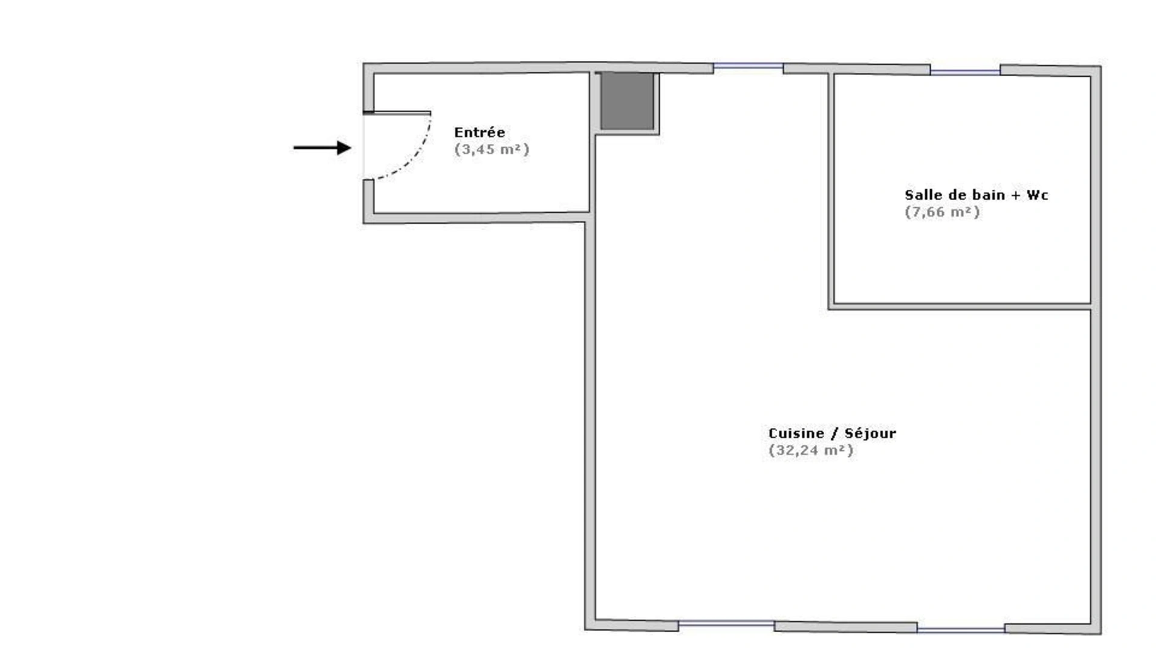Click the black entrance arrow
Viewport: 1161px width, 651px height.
(322, 147)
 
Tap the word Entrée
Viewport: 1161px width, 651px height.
(480, 132)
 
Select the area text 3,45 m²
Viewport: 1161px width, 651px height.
(492, 149)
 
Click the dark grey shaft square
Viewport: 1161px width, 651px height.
(627, 101)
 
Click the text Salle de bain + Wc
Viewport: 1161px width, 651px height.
(976, 195)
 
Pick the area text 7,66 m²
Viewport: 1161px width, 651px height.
(942, 212)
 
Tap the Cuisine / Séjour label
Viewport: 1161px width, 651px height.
(832, 433)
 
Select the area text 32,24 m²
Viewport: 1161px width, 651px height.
(811, 450)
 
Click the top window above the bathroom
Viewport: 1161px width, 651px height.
(965, 72)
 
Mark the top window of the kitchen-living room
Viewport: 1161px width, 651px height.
(749, 66)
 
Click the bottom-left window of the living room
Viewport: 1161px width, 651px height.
(726, 624)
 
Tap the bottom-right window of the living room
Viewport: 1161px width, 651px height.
(961, 630)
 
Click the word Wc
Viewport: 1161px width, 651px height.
(1037, 195)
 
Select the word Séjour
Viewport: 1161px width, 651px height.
(870, 433)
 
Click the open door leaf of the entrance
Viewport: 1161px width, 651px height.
(397, 113)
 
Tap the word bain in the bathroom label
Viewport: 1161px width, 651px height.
(989, 195)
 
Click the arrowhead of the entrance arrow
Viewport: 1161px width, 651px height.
(344, 147)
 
